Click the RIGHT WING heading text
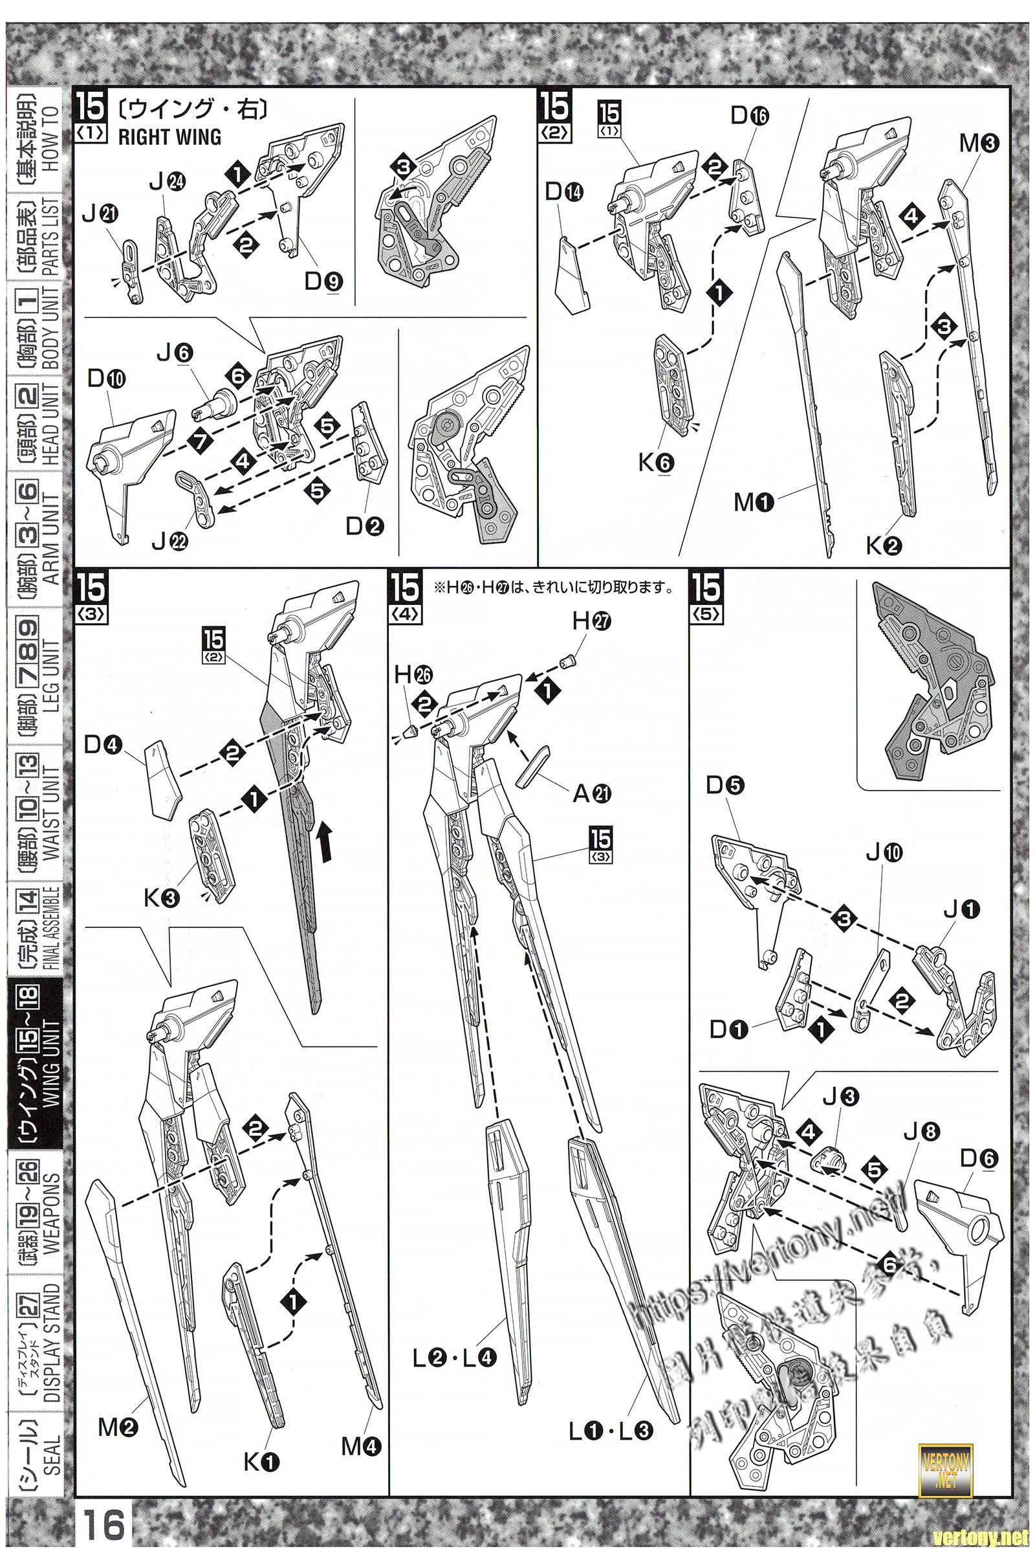169,137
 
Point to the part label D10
106,379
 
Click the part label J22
170,542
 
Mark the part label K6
656,463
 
